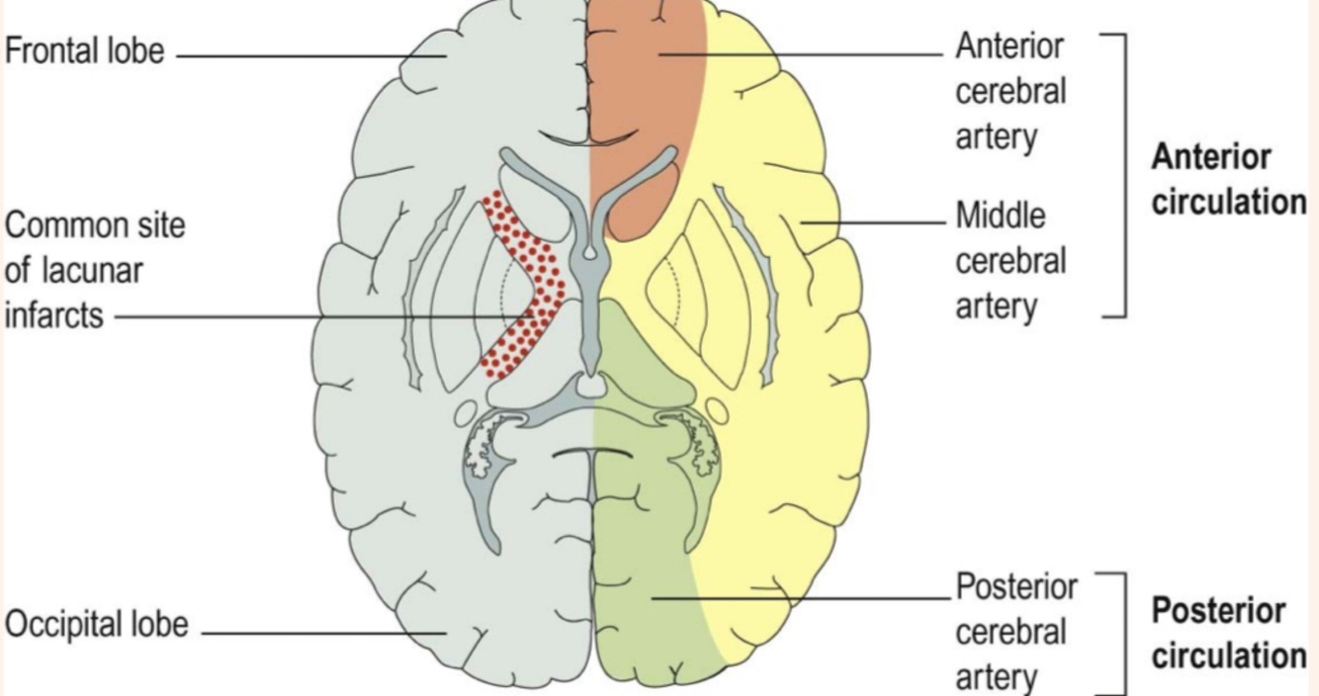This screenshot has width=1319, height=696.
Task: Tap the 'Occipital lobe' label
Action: (x=96, y=626)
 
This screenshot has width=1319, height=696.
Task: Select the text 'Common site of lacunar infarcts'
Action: (x=95, y=270)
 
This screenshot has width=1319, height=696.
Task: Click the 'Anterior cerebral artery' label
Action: (x=1011, y=91)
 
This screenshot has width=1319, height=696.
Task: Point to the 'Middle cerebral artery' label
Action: (x=1011, y=261)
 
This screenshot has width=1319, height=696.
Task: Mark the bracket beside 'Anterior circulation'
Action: (x=1124, y=174)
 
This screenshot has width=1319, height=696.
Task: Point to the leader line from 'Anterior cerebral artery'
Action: (x=801, y=53)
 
